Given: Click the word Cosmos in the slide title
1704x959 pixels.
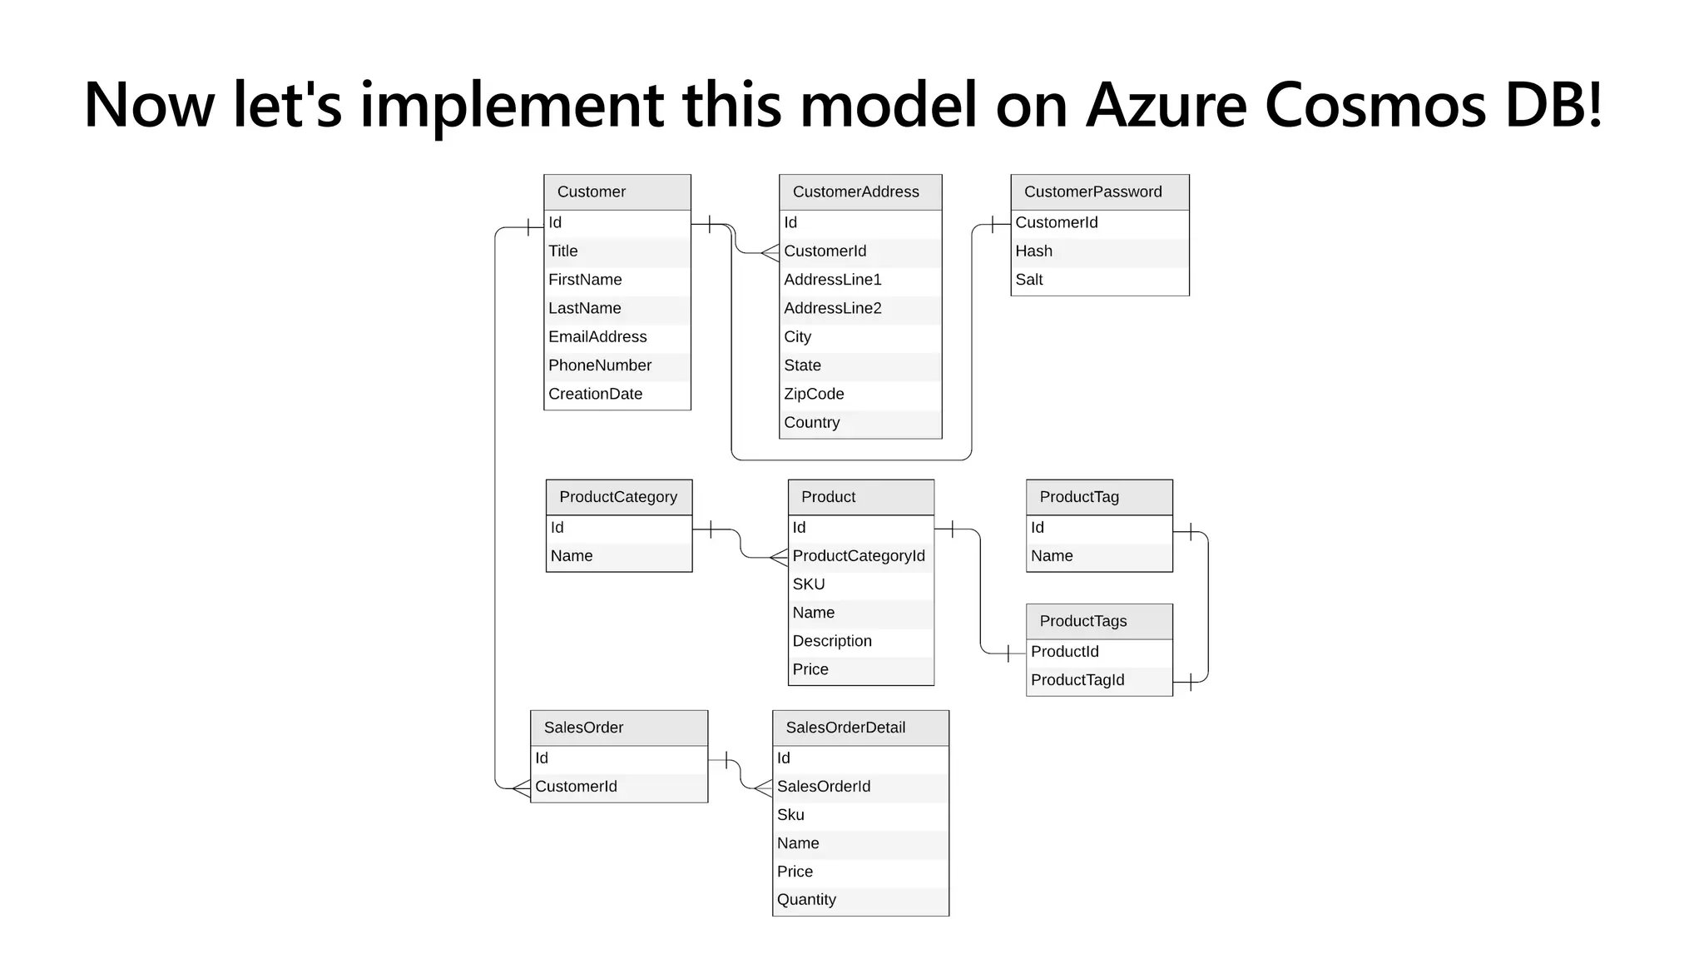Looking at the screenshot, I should pos(1375,105).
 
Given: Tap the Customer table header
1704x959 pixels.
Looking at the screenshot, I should pos(592,192).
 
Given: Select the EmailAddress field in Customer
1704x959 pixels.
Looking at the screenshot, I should pos(597,337).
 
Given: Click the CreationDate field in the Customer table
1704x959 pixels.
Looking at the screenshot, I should pos(595,395).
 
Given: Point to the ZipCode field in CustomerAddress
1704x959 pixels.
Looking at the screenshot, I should pos(814,395).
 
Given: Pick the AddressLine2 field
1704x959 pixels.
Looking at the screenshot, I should pos(832,309).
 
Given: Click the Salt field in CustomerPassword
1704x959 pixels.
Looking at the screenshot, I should pos(1029,281).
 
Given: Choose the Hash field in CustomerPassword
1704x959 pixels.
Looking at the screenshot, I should pos(1033,251).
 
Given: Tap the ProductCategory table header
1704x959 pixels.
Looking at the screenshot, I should pos(618,497).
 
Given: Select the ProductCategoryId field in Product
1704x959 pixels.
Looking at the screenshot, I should pos(858,556).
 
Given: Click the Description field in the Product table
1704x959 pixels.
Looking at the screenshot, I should pos(832,641).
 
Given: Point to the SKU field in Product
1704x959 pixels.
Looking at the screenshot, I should pos(809,584).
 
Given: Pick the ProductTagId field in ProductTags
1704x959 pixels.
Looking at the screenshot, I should pos(1077,680).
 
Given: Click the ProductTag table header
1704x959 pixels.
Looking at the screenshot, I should pos(1079,497).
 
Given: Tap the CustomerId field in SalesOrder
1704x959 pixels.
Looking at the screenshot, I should pos(576,787).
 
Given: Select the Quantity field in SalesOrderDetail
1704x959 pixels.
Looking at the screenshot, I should pos(806,900).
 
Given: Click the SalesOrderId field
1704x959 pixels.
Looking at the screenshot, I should pos(824,787).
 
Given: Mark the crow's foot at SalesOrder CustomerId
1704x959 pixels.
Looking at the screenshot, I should pos(521,788).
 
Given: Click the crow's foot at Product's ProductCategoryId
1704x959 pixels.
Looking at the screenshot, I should pos(779,557).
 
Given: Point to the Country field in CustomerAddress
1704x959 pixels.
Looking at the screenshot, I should pos(811,423).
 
